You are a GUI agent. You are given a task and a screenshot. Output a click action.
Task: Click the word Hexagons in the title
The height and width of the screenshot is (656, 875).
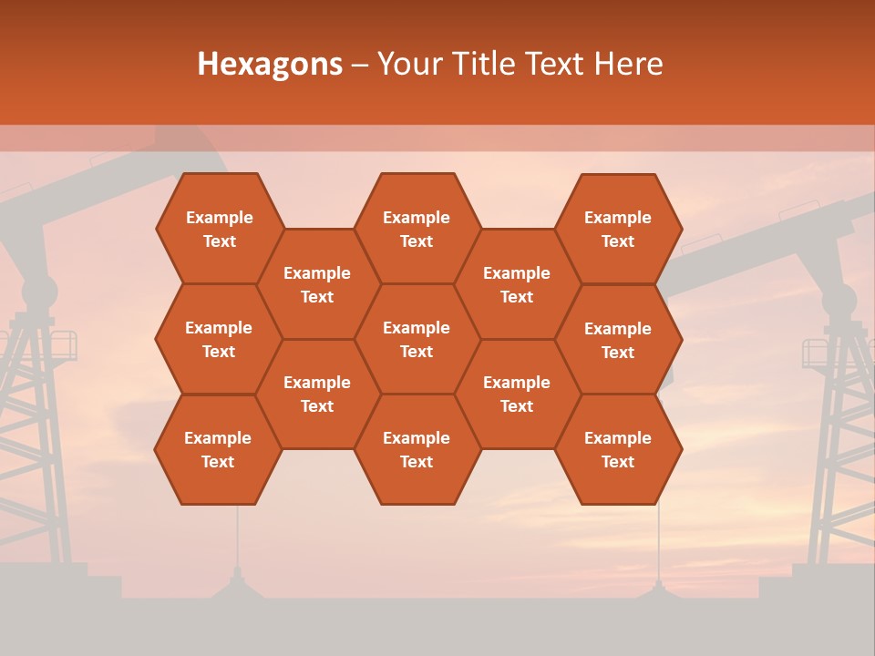pyautogui.click(x=270, y=64)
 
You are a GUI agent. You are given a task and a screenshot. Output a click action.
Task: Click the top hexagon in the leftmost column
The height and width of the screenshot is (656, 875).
pyautogui.click(x=219, y=229)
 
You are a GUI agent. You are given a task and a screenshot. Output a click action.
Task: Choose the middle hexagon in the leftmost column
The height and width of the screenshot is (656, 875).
pyautogui.click(x=219, y=339)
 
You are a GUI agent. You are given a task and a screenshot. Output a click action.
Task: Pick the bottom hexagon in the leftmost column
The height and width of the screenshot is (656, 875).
pyautogui.click(x=218, y=449)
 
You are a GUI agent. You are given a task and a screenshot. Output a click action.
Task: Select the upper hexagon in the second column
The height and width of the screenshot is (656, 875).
pyautogui.click(x=317, y=284)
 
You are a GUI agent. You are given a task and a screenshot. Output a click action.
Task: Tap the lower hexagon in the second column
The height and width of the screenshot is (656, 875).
pyautogui.click(x=317, y=394)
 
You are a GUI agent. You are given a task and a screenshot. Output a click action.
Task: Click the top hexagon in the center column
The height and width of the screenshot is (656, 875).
pyautogui.click(x=417, y=229)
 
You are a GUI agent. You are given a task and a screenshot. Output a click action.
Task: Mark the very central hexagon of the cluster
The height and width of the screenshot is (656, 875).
pyautogui.click(x=417, y=339)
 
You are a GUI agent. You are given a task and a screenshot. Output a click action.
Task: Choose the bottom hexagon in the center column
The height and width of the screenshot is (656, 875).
pyautogui.click(x=417, y=449)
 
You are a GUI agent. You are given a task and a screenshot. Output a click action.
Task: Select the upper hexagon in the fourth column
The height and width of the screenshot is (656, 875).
pyautogui.click(x=517, y=284)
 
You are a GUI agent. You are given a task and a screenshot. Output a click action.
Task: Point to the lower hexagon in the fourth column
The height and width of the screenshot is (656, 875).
pyautogui.click(x=517, y=394)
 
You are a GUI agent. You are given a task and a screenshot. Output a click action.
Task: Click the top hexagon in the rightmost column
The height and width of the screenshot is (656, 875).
pyautogui.click(x=618, y=229)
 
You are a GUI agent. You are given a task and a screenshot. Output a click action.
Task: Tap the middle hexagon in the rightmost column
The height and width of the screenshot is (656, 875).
pyautogui.click(x=618, y=340)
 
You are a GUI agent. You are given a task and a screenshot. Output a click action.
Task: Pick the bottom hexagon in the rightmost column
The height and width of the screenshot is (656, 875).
pyautogui.click(x=618, y=449)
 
